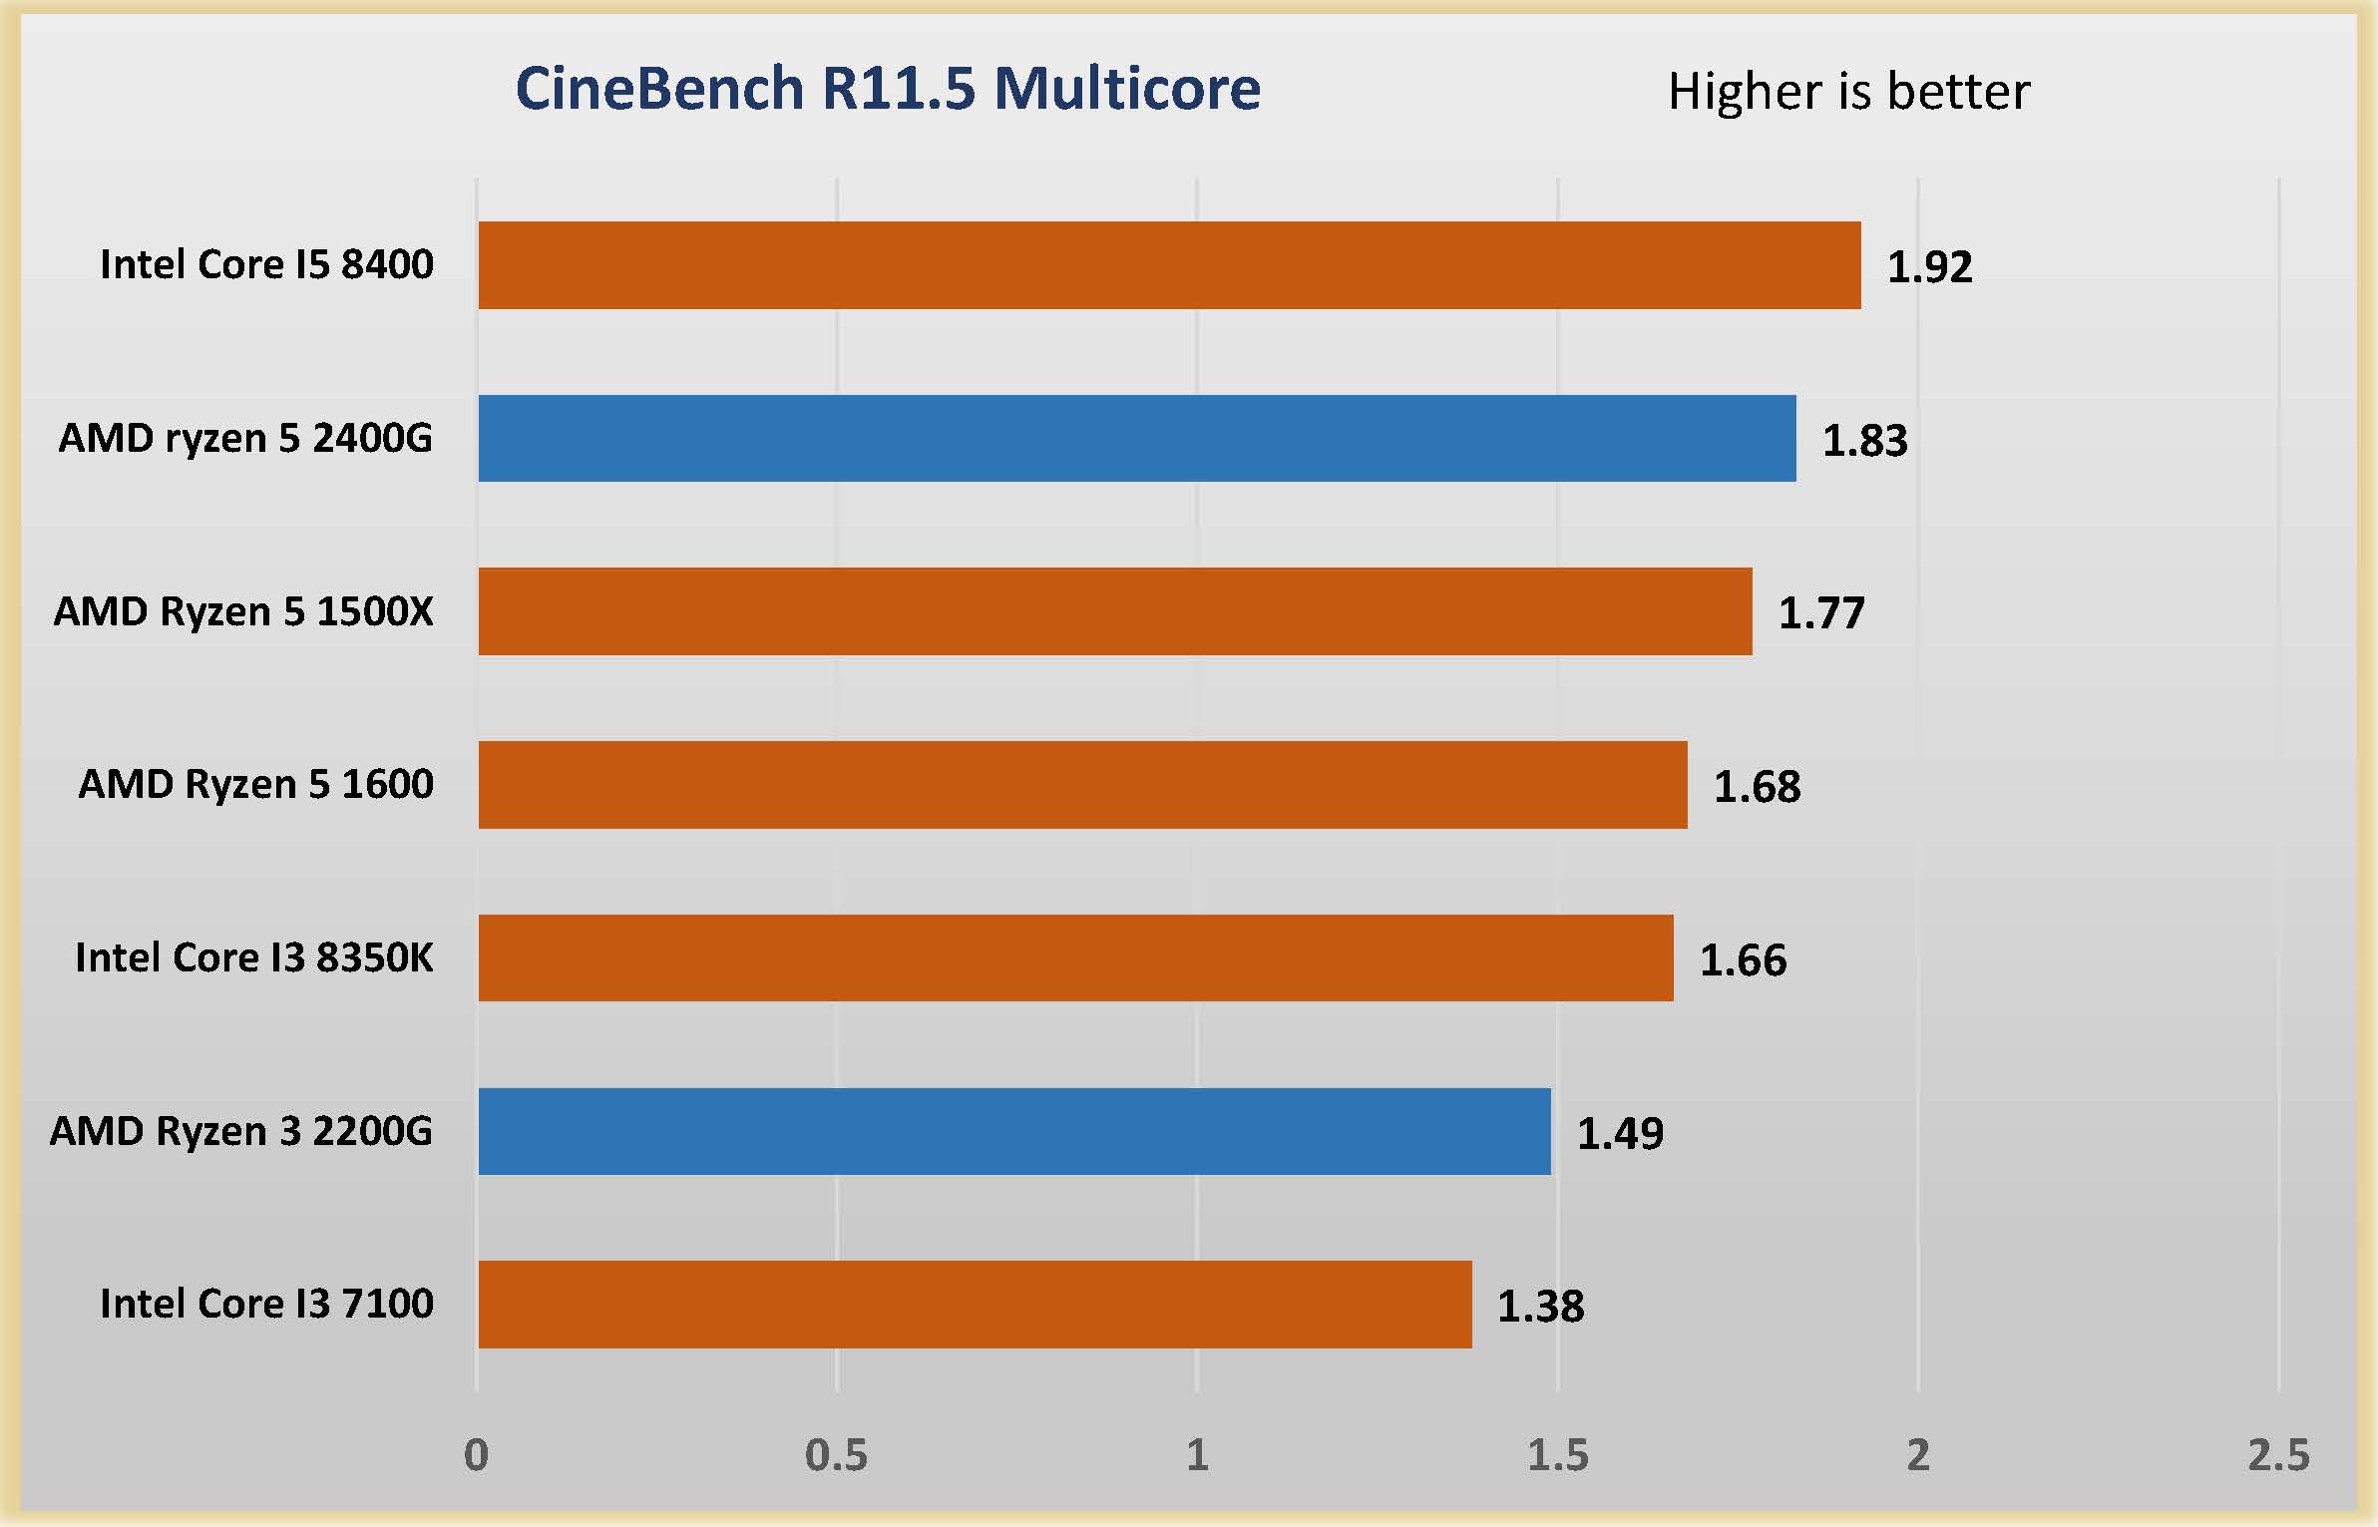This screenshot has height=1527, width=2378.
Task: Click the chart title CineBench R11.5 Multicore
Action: click(x=888, y=89)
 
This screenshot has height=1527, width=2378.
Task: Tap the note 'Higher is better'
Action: click(x=1848, y=92)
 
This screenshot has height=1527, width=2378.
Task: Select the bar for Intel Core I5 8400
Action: click(x=1169, y=265)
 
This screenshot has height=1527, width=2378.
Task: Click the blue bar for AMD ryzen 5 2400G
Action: click(x=1137, y=439)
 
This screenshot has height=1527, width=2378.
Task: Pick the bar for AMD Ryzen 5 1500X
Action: click(x=1115, y=611)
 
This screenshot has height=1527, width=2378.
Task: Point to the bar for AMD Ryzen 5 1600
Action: click(x=1082, y=785)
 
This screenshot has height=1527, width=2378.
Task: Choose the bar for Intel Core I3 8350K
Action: click(x=1075, y=957)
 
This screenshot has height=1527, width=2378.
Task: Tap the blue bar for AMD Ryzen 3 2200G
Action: click(x=1014, y=1131)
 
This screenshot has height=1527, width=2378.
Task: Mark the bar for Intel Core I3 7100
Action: click(x=975, y=1305)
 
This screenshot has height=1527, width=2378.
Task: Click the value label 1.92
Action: click(x=1929, y=267)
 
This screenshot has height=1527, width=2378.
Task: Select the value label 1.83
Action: click(x=1864, y=441)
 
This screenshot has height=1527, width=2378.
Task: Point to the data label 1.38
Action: click(x=1540, y=1307)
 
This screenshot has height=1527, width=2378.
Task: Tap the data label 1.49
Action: click(x=1620, y=1134)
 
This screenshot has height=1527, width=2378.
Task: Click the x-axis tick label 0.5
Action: click(x=836, y=1456)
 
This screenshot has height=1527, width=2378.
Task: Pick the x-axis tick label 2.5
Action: click(x=2278, y=1456)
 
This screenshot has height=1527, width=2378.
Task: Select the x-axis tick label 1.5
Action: click(x=1557, y=1456)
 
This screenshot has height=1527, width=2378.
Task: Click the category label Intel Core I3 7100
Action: click(x=266, y=1304)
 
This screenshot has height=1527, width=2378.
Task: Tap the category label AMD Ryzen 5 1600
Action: click(x=255, y=784)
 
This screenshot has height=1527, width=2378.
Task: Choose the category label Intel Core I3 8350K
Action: click(x=254, y=957)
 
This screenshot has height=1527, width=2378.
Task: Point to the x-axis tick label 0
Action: click(x=477, y=1456)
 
